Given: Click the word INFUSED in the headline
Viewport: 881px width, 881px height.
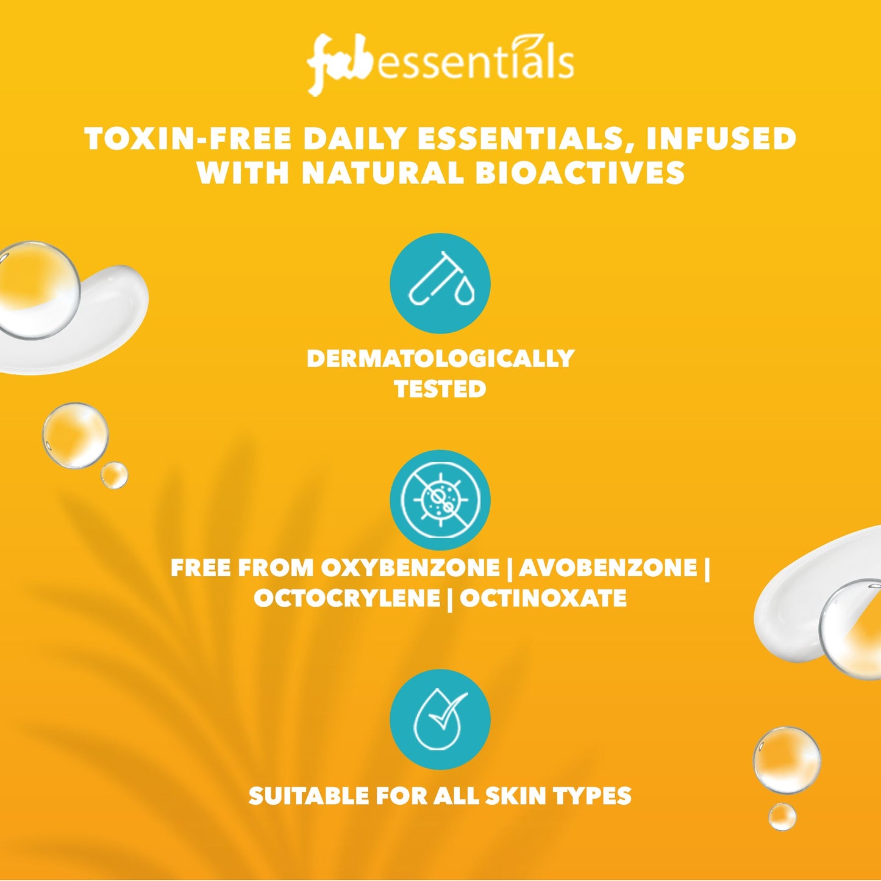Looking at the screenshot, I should pos(721,139).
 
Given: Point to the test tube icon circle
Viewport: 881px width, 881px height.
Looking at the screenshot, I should pos(440,284).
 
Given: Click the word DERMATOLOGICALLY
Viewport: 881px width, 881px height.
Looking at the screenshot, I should pos(440,358).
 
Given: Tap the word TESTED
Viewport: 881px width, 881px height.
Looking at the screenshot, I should pos(440,389).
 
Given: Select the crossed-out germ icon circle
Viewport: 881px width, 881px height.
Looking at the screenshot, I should pos(440,500).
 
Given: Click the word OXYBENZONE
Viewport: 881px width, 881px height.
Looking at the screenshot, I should pos(410,568).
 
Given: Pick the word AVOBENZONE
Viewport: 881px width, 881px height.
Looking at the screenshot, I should pos(608,568).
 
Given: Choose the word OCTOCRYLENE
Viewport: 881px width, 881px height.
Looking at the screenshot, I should pos(346,598).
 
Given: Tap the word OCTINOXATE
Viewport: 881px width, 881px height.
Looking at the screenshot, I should pos(543,598).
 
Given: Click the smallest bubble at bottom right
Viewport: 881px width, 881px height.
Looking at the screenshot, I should pos(782,816).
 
